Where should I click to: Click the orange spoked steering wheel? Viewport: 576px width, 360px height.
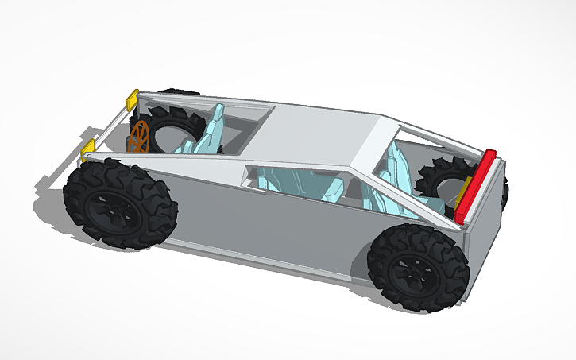pyautogui.click(x=140, y=136)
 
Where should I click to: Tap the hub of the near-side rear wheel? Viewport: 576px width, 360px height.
pyautogui.click(x=414, y=269)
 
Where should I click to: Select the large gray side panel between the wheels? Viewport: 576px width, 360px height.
pyautogui.click(x=270, y=223)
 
